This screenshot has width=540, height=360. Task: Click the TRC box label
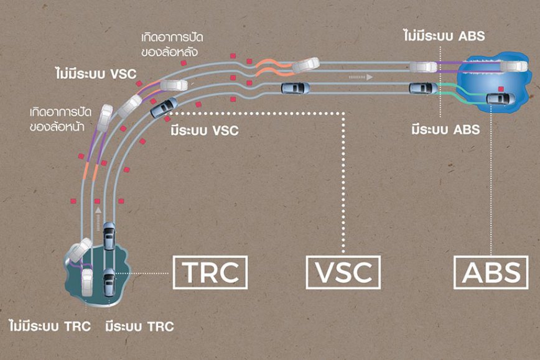(x=209, y=272)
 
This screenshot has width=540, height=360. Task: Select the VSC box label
(x=343, y=272)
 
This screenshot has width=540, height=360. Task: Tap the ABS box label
(x=491, y=272)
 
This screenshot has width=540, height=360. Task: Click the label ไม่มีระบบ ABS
(x=443, y=36)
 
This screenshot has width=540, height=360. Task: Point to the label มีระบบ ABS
(x=445, y=130)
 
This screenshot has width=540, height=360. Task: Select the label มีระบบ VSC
(x=204, y=131)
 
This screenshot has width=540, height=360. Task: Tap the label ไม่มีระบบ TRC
(x=50, y=326)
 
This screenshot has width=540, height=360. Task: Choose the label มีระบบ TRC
(x=139, y=326)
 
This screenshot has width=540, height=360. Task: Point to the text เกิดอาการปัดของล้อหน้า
(x=60, y=118)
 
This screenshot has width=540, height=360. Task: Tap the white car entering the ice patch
(x=423, y=67)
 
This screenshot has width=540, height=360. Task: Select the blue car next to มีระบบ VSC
(x=164, y=108)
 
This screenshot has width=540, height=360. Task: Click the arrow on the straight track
(x=360, y=77)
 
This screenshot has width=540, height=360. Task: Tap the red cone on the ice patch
(x=501, y=89)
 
